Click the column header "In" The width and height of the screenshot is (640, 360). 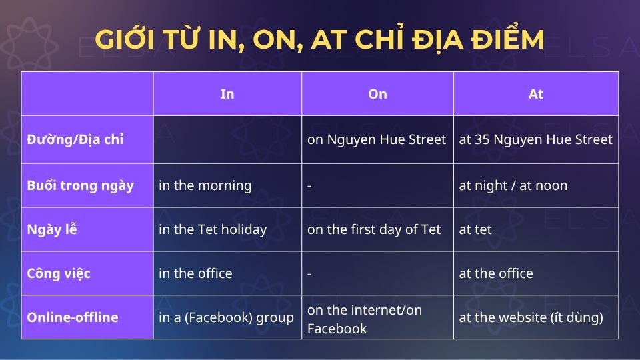tap(227, 94)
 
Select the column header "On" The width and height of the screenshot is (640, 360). tap(377, 94)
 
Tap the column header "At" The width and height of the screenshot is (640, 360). tap(536, 94)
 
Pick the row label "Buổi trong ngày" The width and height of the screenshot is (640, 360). tap(81, 185)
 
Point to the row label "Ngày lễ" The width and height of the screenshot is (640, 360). tap(52, 229)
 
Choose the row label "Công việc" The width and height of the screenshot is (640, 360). tap(59, 273)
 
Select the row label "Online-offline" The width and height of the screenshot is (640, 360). tap(73, 317)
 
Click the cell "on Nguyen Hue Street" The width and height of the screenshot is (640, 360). tap(377, 140)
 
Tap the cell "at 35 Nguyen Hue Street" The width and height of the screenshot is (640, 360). tap(535, 140)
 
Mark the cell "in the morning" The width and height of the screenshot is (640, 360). tap(205, 185)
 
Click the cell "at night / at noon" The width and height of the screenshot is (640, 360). tap(513, 185)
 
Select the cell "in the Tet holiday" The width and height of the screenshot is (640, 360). tap(213, 229)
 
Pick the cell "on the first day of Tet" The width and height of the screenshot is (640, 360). tap(374, 229)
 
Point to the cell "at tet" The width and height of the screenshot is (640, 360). tap(475, 229)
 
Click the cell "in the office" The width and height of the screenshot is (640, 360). tap(195, 273)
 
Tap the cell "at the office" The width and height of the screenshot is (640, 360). tap(496, 273)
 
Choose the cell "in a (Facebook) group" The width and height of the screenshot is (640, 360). tap(226, 317)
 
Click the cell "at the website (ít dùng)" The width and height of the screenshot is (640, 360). tap(531, 317)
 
